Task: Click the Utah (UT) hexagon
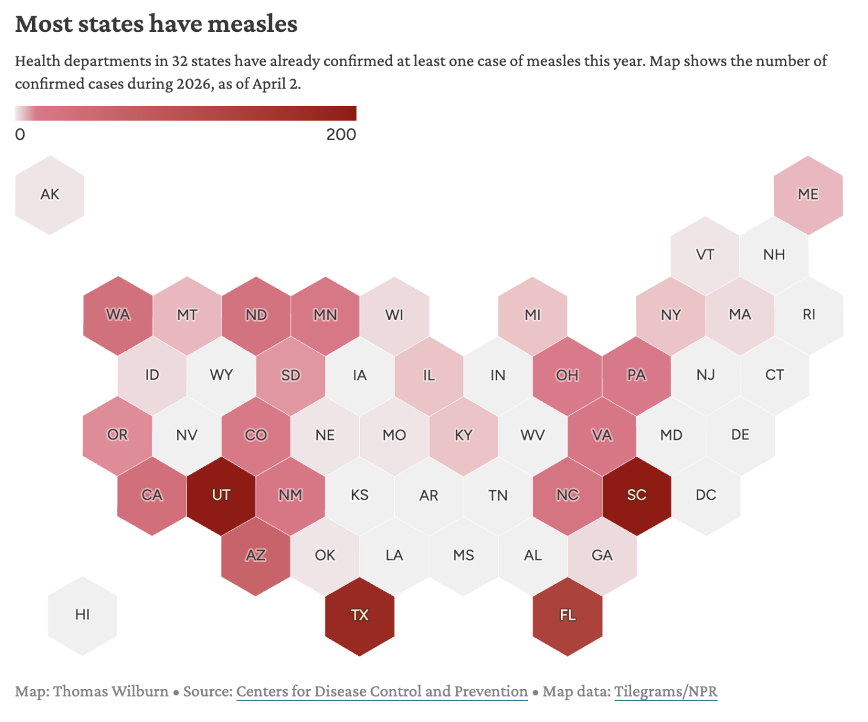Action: coord(221,496)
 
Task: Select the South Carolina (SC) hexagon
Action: coord(636,496)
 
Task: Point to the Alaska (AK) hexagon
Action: coord(49,195)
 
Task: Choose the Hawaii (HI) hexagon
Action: coord(82,615)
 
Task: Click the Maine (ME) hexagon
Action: coord(808,195)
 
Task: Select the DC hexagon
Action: coord(705,496)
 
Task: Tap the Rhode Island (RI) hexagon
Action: coord(809,315)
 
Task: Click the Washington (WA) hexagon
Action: coord(118,315)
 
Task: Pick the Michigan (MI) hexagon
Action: coord(533,315)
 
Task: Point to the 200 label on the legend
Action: coord(341,135)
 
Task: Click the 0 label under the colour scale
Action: coord(20,135)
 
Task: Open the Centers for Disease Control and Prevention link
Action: coord(382,692)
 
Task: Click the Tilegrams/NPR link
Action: coord(666,692)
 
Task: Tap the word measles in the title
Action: coord(252,24)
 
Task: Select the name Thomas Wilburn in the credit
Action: coord(111,692)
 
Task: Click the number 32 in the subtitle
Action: coord(179,61)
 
